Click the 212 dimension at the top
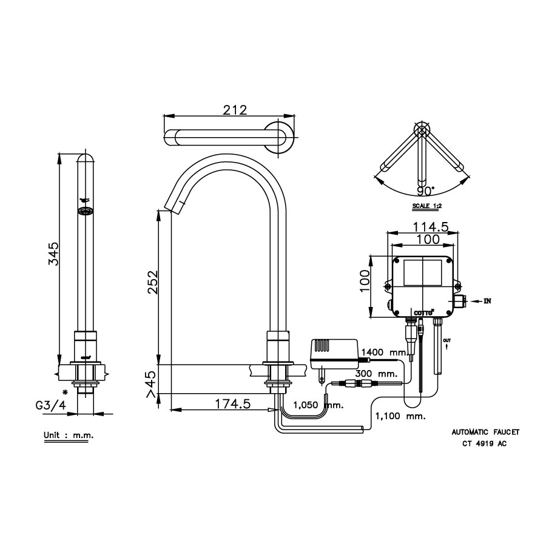click(234, 110)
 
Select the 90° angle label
click(425, 191)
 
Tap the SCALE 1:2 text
click(428, 206)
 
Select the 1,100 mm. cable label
click(400, 417)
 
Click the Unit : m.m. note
click(69, 436)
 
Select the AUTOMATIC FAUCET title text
click(485, 433)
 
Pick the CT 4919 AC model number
click(484, 443)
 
